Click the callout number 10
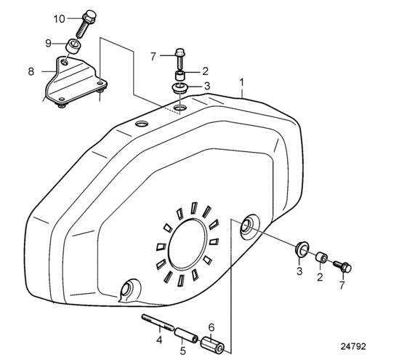[x=59, y=19]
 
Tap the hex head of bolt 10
[x=89, y=15]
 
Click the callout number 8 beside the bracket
[x=31, y=71]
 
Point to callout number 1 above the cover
[x=241, y=83]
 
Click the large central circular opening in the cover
[x=188, y=244]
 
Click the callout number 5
[x=183, y=351]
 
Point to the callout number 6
[x=211, y=327]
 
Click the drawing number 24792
[x=353, y=346]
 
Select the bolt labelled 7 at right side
[x=342, y=266]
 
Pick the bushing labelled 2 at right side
[x=321, y=257]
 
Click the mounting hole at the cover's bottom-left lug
[x=127, y=289]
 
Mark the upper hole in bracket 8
[x=65, y=62]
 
